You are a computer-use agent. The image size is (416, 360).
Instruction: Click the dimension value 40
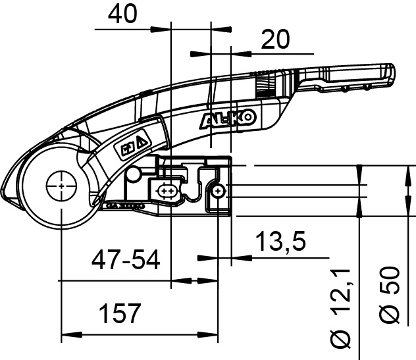coord(123,13)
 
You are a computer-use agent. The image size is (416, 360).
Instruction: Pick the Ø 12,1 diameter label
coord(340,309)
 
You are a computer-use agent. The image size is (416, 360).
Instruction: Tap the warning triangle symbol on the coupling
coord(142,141)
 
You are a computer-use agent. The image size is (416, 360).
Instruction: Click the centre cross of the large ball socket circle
coord(61,187)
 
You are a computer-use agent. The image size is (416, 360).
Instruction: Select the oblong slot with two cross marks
coord(169,192)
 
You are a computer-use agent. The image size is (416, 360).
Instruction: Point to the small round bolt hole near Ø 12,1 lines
coord(218,191)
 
